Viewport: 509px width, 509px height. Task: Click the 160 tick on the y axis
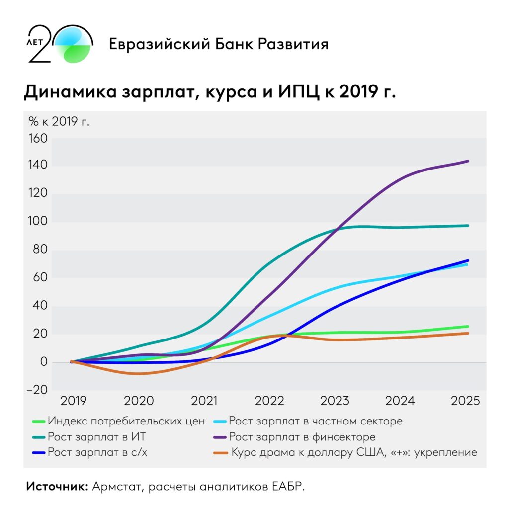tap(38, 138)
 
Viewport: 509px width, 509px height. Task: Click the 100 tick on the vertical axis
tap(38, 222)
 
